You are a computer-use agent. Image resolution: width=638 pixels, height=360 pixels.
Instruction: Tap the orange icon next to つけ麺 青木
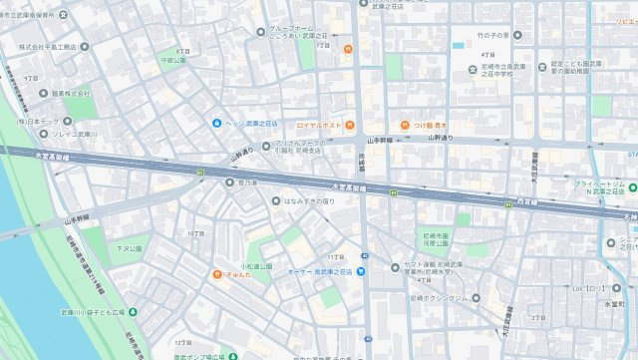click(x=406, y=126)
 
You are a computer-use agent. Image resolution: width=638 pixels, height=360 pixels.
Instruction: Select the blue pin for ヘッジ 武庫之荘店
click(x=216, y=123)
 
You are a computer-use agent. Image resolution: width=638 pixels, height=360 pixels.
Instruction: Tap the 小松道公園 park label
click(x=230, y=265)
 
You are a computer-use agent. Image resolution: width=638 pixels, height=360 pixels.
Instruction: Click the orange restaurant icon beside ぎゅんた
click(x=215, y=273)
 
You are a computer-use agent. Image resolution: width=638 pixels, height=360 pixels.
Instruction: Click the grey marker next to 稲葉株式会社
click(x=42, y=92)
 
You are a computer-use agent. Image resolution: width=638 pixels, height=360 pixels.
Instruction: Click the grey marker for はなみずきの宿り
click(x=276, y=201)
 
